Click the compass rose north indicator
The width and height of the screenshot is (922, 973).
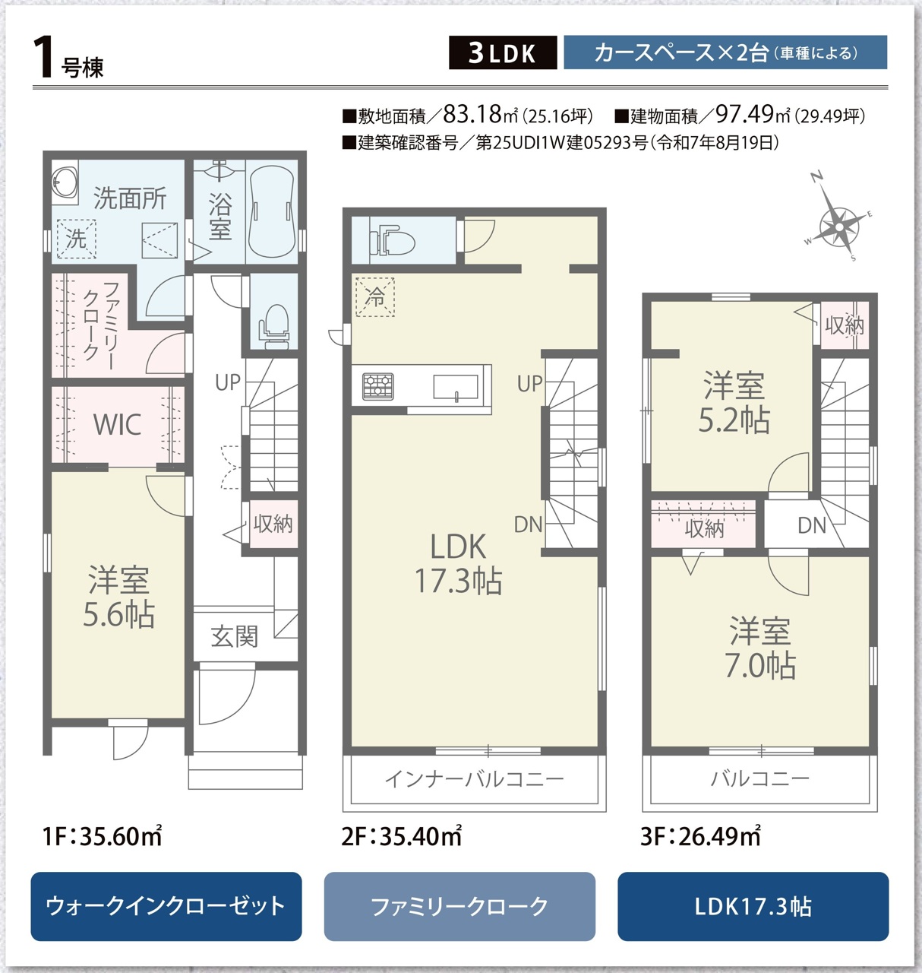pos(816,176)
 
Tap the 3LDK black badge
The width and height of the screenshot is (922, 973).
pos(503,52)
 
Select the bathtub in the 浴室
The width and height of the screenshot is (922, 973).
pos(272,212)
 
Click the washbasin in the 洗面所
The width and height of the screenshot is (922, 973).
pos(65,182)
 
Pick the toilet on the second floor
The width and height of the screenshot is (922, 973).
pos(392,240)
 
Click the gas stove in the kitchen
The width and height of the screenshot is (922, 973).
pos(378,386)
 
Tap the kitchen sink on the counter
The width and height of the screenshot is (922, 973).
pos(456,387)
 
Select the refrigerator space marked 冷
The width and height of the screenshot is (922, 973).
pos(375,296)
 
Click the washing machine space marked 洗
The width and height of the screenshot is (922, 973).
pos(76,239)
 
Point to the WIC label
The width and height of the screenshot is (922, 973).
pos(118,423)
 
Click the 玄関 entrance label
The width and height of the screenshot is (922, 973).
pos(235,636)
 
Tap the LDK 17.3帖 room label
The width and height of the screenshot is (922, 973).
pos(459,563)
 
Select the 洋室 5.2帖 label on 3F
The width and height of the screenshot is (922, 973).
pos(734,403)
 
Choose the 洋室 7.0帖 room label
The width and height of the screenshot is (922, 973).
pos(760,648)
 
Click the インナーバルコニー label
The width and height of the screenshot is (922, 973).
pos(475,779)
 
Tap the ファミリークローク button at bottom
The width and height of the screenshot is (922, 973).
pos(459,907)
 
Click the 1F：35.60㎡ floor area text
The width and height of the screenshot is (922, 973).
pos(103,837)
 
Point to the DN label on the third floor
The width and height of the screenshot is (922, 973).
pos(812,525)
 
